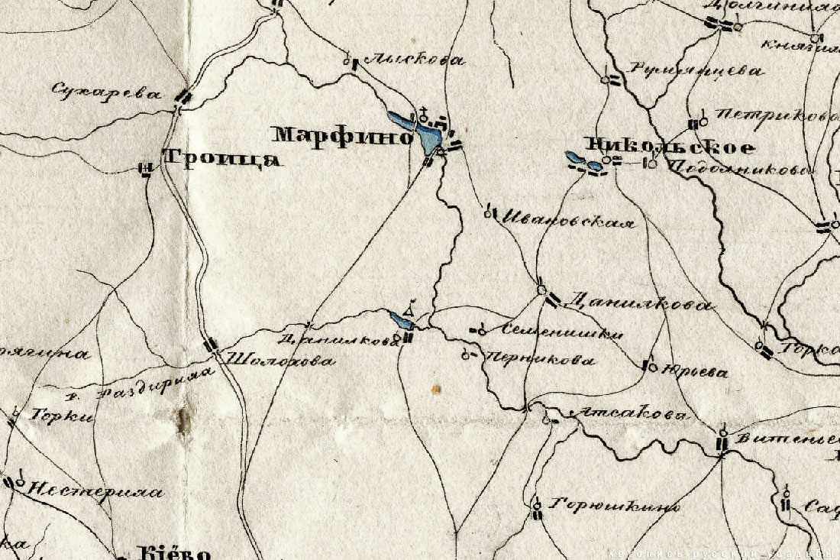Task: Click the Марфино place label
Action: tap(343, 136)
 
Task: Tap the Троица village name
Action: tap(221, 159)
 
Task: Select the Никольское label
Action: tap(669, 147)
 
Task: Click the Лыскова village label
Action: tap(414, 60)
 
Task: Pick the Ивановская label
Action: tap(567, 222)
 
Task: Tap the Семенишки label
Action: tap(564, 332)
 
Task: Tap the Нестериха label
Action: tap(95, 491)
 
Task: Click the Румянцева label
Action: tap(696, 71)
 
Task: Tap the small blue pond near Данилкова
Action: tap(401, 319)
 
